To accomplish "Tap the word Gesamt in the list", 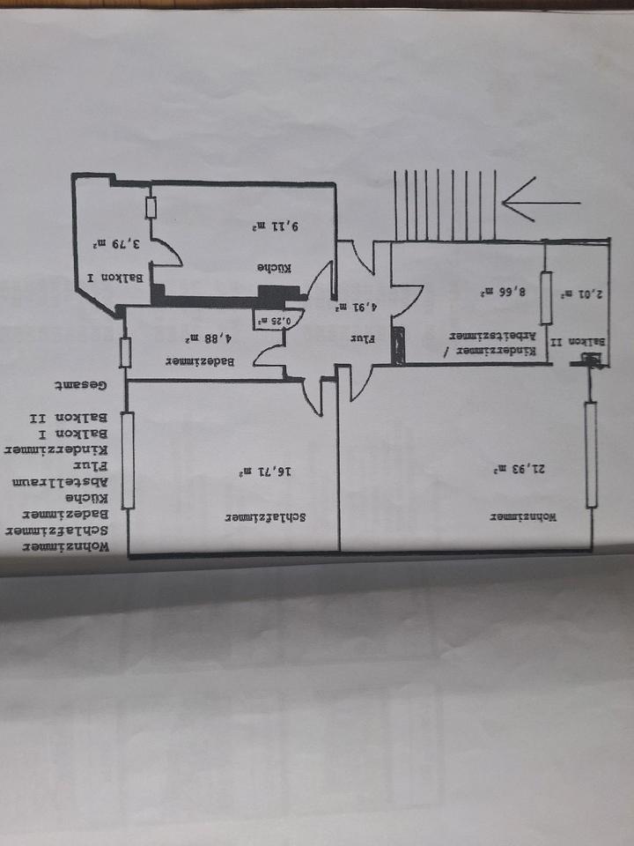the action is point(80,385).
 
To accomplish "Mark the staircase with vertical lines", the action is point(445,204).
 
